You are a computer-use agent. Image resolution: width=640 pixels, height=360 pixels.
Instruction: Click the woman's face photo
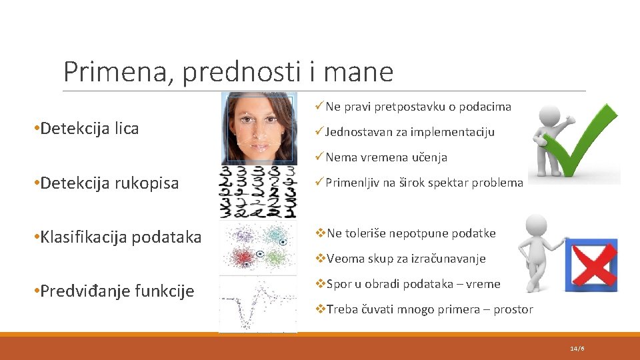coord(259,128)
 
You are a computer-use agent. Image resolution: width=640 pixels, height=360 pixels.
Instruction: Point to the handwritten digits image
coord(258,193)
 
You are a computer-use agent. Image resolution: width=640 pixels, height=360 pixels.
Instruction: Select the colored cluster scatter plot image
coord(258,247)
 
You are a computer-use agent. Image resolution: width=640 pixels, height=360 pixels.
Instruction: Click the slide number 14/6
coord(577,349)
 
